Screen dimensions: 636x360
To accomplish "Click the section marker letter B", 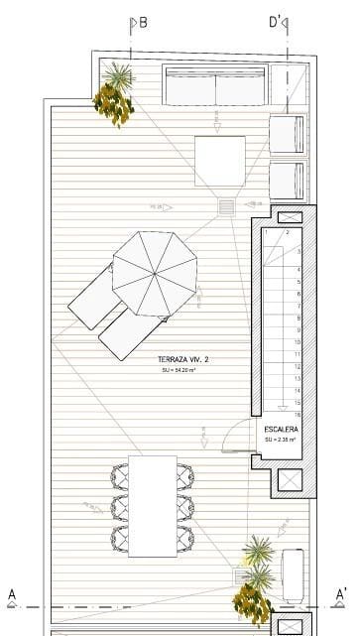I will [143, 23].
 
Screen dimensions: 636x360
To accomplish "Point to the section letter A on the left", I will [12, 595].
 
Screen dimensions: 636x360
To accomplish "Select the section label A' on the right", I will [341, 595].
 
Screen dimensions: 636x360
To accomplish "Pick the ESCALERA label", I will [282, 429].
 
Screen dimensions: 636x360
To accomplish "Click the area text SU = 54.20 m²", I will [178, 370].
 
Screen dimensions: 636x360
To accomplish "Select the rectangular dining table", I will [152, 506].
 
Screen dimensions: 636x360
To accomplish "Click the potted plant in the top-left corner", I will [116, 95].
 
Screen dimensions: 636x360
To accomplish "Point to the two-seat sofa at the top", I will [216, 86].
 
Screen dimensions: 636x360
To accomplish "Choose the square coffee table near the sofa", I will [219, 161].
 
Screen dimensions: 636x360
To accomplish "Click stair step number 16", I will [298, 415].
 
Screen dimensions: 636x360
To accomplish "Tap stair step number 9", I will [298, 330].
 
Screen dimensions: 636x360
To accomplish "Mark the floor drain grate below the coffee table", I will [226, 206].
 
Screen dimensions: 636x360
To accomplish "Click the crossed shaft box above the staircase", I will [291, 217].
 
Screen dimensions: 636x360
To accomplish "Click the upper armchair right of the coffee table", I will [287, 134].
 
